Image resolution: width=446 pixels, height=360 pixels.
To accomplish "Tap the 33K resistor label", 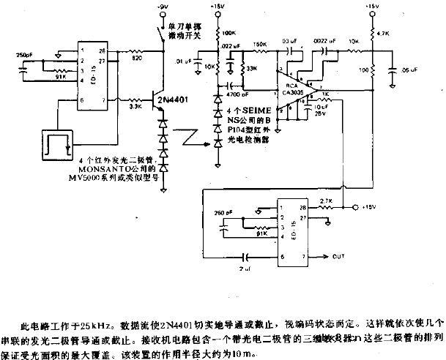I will coord(252,68).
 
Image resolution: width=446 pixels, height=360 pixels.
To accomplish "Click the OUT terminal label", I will coord(338,256).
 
